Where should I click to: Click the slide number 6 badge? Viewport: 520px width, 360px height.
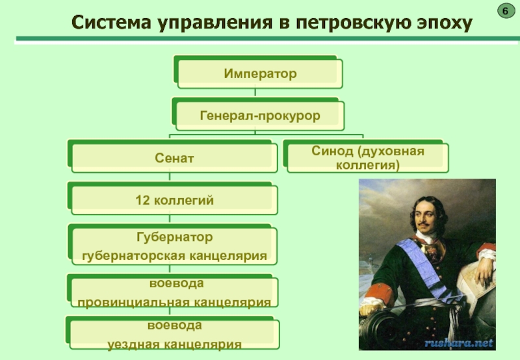click(504, 11)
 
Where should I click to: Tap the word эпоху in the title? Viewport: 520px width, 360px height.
click(442, 24)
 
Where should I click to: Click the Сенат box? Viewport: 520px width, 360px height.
click(174, 158)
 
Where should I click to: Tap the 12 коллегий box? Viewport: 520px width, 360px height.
click(174, 200)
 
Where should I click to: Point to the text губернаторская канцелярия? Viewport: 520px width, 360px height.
click(174, 256)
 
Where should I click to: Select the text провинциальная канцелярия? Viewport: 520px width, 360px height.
click(174, 303)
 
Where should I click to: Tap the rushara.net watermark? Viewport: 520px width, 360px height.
click(459, 342)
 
